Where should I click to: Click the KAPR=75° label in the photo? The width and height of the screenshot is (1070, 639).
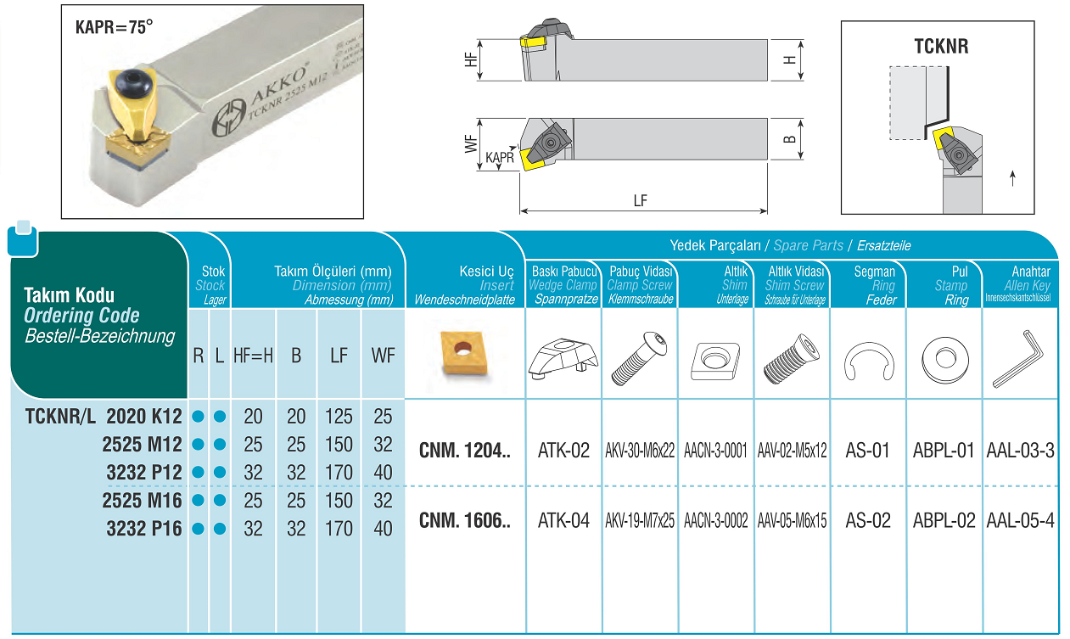click(115, 27)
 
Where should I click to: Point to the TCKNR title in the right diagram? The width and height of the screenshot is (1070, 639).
click(941, 47)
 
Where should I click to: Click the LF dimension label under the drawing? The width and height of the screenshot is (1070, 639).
click(640, 200)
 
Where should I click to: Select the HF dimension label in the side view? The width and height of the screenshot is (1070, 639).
click(471, 59)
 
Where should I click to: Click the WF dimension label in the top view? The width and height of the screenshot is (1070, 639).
click(471, 143)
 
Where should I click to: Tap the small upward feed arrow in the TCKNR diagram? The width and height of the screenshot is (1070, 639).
click(1012, 178)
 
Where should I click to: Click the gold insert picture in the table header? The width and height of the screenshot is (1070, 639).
click(463, 353)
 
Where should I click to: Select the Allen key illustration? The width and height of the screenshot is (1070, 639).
click(1018, 358)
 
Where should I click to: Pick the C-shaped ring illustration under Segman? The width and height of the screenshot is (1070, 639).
click(869, 362)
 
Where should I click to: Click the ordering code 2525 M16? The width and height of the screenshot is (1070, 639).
click(142, 501)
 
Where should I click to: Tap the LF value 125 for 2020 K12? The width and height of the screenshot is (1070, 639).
click(339, 417)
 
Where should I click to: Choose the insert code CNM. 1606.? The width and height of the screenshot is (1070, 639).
click(464, 520)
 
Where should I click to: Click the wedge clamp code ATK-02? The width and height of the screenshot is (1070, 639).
click(563, 451)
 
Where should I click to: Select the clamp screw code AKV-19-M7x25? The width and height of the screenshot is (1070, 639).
click(640, 520)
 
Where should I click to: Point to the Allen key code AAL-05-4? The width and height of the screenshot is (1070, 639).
click(1020, 520)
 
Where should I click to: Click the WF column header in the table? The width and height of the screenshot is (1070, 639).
click(383, 356)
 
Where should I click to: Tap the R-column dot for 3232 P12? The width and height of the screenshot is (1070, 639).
click(198, 473)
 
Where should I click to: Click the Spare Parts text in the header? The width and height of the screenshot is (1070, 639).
click(809, 245)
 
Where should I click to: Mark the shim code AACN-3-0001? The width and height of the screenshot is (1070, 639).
click(715, 451)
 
